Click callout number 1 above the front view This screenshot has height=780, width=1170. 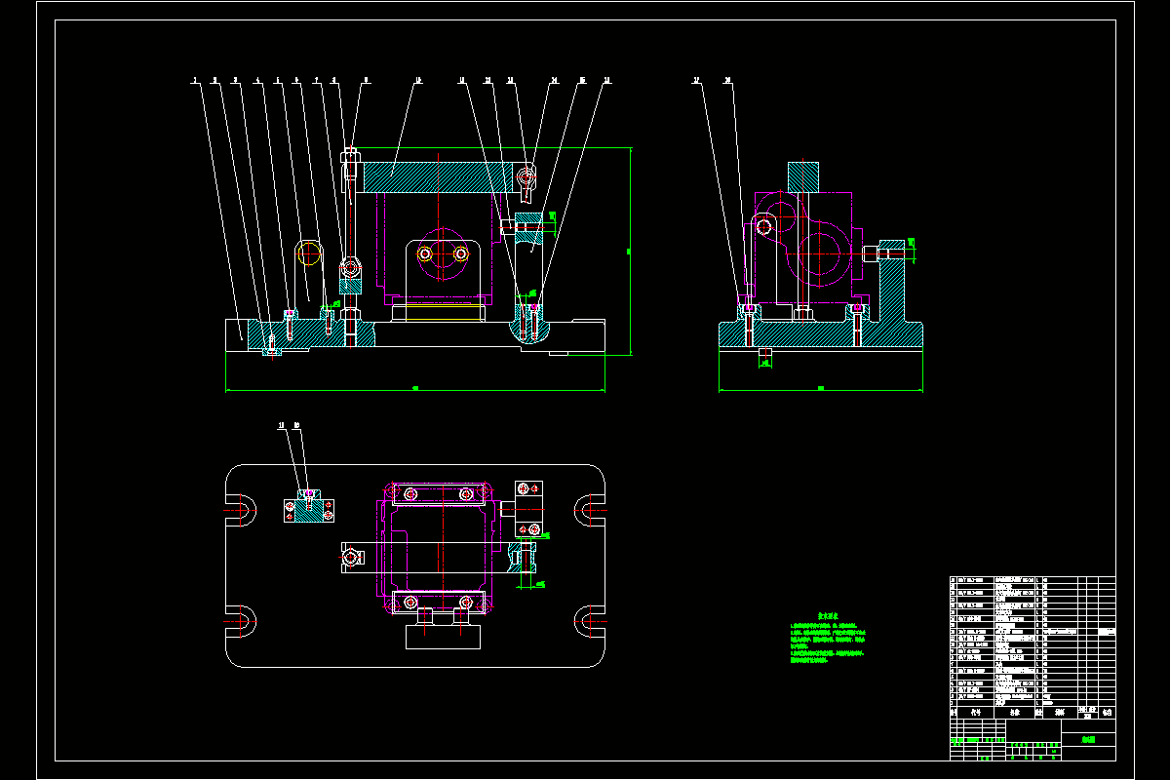195,80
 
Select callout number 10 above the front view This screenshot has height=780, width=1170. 418,80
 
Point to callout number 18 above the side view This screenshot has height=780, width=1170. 727,80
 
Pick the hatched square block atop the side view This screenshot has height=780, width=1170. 803,175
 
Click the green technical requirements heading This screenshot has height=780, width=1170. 828,616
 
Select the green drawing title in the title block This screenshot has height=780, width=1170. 1088,740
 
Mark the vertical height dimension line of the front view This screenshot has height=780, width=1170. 631,252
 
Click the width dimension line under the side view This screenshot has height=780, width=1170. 820,390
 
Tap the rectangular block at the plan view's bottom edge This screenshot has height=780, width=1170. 444,637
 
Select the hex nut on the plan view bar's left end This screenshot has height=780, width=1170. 350,558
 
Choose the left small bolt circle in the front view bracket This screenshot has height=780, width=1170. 425,253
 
